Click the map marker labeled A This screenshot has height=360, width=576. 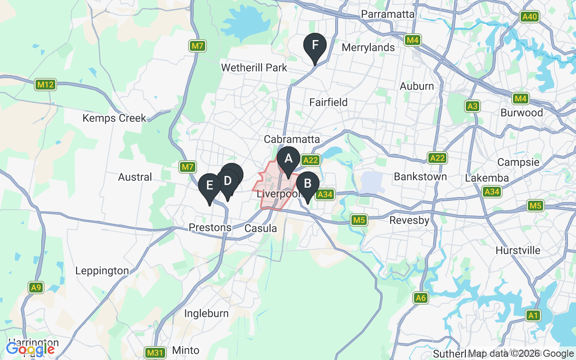click(288, 159)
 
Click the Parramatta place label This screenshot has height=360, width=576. click(387, 14)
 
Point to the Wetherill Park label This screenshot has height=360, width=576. click(254, 68)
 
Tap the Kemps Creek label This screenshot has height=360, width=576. click(114, 118)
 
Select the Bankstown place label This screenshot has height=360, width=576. click(420, 177)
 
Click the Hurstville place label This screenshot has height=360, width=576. click(518, 250)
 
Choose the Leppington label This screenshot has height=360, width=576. click(102, 271)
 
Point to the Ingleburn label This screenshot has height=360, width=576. click(207, 313)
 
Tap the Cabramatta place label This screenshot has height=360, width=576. click(292, 139)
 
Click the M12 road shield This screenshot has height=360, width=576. click(45, 85)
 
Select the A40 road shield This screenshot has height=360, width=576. click(529, 17)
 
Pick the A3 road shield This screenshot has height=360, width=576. click(472, 106)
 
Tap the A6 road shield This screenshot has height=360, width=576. click(421, 297)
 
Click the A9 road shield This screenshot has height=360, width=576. click(36, 288)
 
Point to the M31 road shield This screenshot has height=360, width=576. click(154, 352)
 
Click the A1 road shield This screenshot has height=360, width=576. click(533, 316)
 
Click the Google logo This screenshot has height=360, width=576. click(30, 349)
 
